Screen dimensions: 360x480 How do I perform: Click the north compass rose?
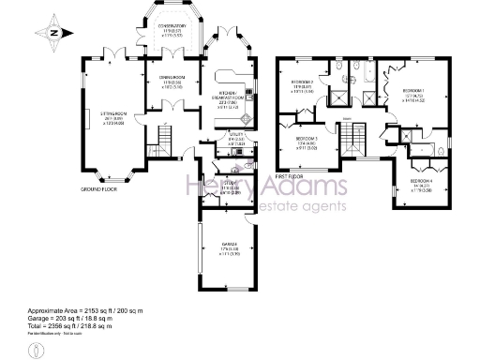click(x=55, y=33)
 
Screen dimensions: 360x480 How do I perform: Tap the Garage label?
click(x=228, y=245)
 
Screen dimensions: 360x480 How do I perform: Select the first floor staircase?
click(x=353, y=141)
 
